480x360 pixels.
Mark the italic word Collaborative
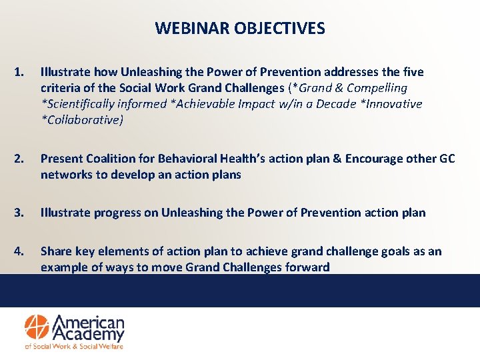coord(83,120)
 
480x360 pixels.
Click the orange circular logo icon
coord(38,327)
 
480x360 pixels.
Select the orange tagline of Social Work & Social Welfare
coord(73,346)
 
